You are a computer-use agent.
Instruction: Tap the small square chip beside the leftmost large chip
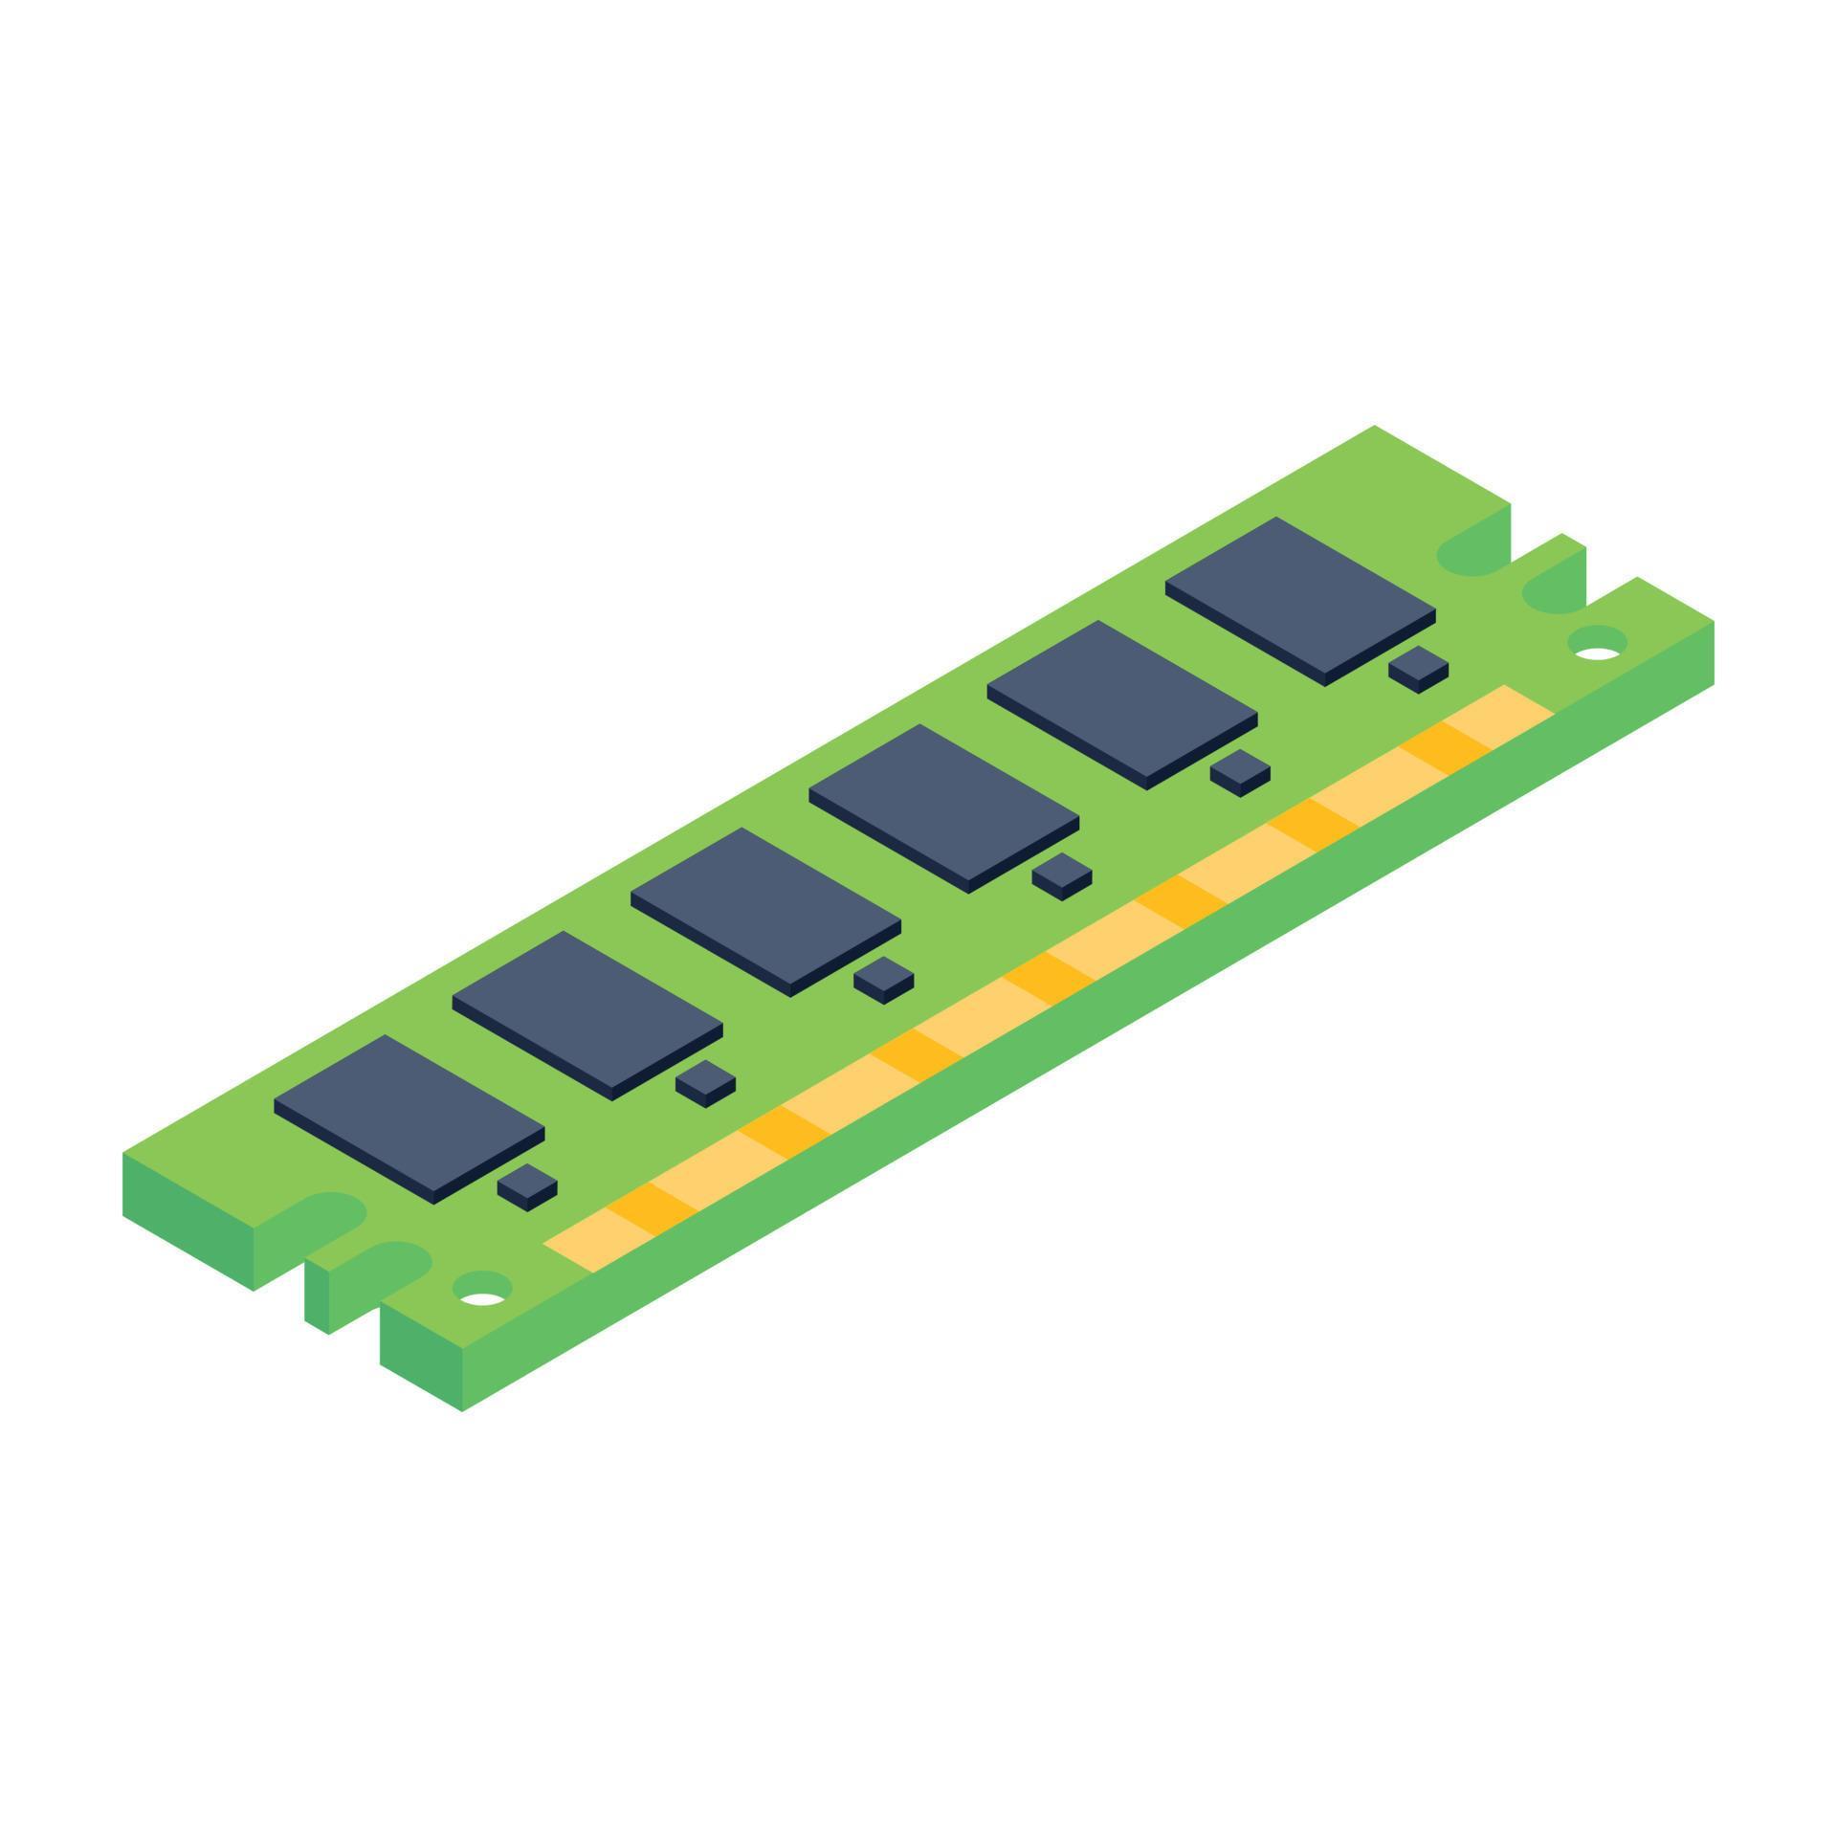[527, 1184]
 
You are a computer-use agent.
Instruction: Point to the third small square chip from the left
[883, 976]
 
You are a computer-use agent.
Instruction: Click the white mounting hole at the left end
[482, 1298]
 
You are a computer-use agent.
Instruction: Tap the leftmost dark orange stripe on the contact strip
[651, 1207]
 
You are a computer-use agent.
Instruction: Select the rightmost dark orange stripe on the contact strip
[1445, 747]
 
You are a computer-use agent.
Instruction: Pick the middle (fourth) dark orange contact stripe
[1049, 977]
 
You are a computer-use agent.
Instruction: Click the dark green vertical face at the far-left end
[188, 1220]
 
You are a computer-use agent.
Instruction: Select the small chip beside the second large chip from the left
[705, 1080]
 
